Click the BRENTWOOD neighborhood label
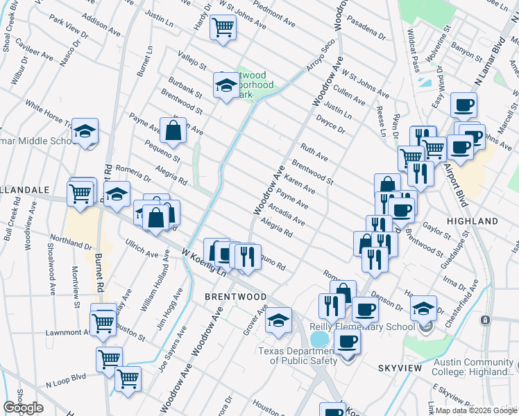tap(235, 296)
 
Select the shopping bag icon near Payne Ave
tap(173, 129)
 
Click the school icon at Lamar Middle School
tap(85, 130)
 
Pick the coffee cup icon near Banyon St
tap(463, 105)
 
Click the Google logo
tap(23, 408)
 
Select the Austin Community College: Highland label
tap(474, 367)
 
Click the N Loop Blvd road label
tap(66, 380)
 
